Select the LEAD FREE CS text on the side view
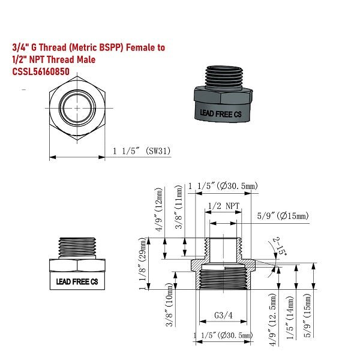click(x=76, y=281)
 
